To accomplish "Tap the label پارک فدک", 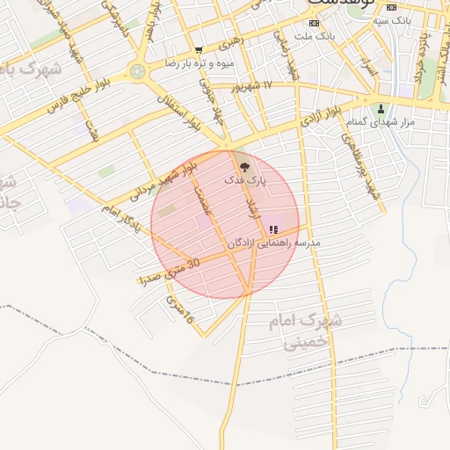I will click(x=245, y=179).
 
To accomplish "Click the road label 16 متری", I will click(x=179, y=309).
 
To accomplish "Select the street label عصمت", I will click(x=203, y=201).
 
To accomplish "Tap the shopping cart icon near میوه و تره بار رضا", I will click(x=199, y=50).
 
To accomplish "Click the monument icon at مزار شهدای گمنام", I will click(x=381, y=109).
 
